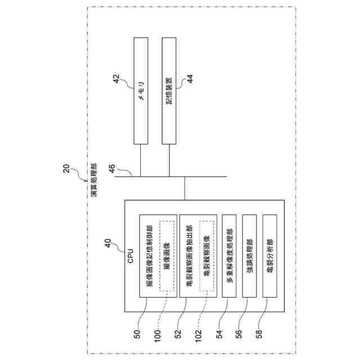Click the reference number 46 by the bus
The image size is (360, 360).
click(x=112, y=167)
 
